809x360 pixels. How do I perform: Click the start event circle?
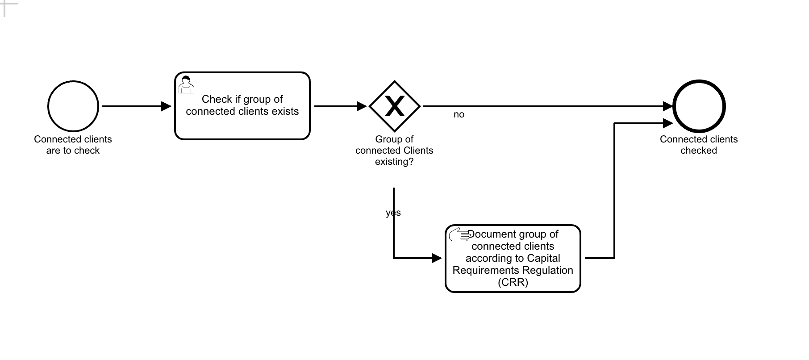(x=73, y=106)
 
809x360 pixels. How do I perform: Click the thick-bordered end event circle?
(x=699, y=106)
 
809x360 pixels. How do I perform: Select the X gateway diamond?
(x=395, y=106)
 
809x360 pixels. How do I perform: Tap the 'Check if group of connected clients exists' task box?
(x=242, y=121)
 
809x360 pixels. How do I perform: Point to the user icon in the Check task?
(x=186, y=84)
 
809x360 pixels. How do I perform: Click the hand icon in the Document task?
(x=459, y=234)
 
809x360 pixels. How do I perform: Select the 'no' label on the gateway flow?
(x=459, y=115)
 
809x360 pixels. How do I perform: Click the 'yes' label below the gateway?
(x=393, y=213)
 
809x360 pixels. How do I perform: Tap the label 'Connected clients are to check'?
(x=73, y=145)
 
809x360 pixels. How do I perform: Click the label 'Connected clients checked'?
(x=699, y=145)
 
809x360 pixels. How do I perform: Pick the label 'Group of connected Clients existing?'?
(x=394, y=151)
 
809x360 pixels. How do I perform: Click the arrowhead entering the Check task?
(x=166, y=106)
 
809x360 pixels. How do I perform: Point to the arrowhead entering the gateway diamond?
(x=362, y=106)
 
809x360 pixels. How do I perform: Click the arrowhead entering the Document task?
(x=437, y=258)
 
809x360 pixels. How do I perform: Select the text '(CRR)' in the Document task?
(x=513, y=282)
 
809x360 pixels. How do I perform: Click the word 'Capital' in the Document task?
(x=543, y=258)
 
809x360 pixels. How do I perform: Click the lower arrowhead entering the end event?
(x=668, y=123)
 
